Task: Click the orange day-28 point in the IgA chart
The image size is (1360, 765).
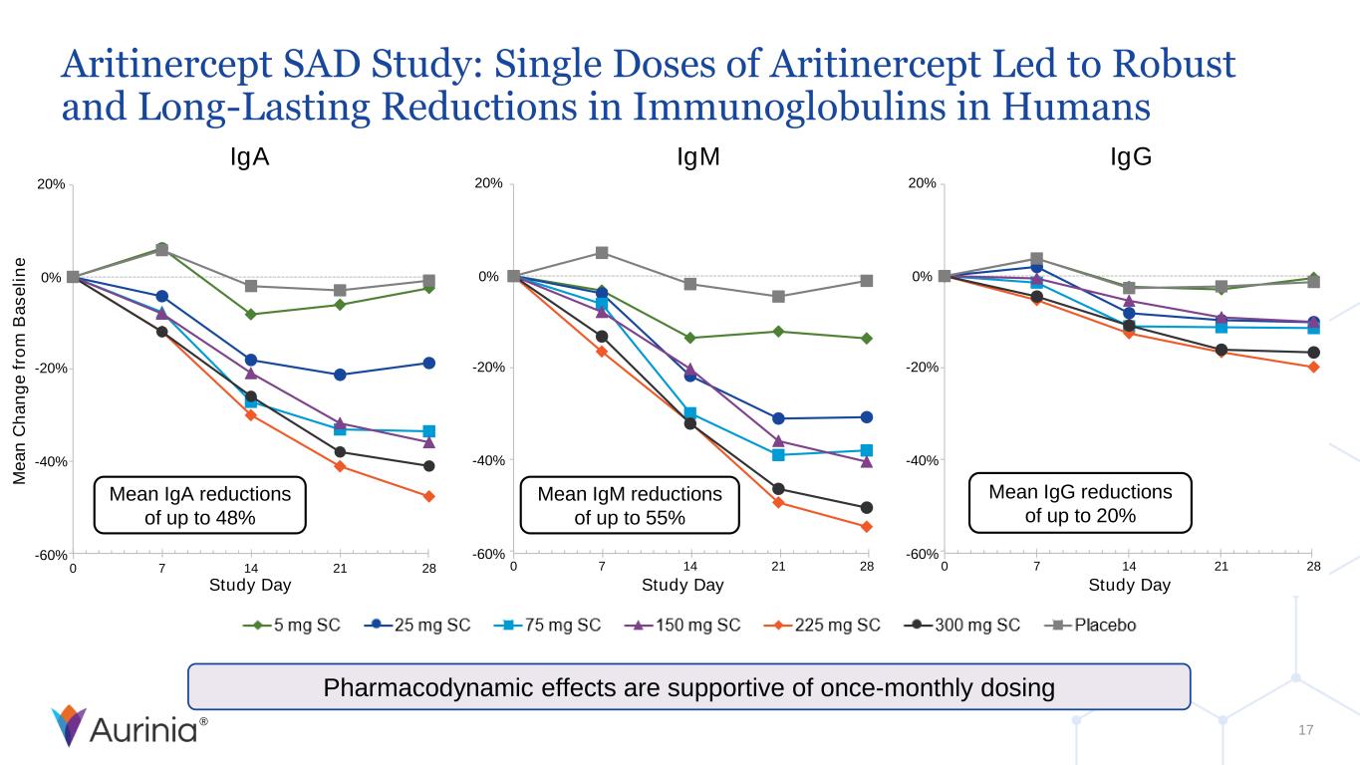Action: [x=428, y=496]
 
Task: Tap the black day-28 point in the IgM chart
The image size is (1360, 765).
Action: [x=867, y=508]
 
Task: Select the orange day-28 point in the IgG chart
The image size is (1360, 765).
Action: [x=1314, y=367]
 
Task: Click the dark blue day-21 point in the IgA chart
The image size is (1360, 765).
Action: [x=340, y=375]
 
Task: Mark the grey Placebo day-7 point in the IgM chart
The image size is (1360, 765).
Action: [x=602, y=253]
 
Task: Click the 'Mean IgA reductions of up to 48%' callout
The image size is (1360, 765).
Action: [x=200, y=505]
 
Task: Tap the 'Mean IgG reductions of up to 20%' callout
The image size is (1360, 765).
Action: [x=1080, y=503]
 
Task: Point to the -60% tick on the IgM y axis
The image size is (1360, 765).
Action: [x=489, y=554]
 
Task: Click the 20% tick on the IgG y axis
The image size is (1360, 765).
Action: [x=922, y=183]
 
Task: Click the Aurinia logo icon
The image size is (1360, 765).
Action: [x=69, y=725]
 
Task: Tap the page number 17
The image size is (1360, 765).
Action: [x=1306, y=731]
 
